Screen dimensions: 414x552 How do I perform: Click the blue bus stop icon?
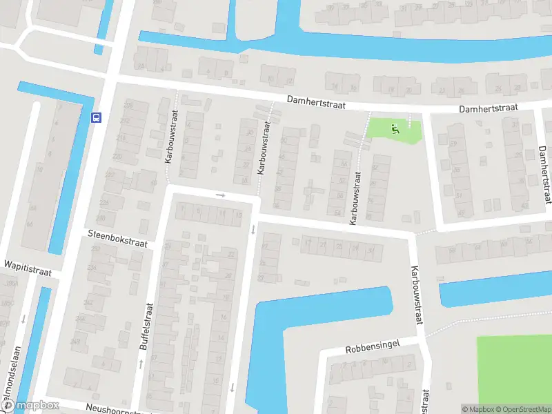coord(96,117)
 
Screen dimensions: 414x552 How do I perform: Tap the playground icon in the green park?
coord(395,128)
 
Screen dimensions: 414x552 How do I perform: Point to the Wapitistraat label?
coord(28,265)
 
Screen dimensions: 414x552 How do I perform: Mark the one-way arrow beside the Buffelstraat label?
coord(140,363)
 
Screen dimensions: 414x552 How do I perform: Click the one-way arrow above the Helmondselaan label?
coord(23,319)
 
